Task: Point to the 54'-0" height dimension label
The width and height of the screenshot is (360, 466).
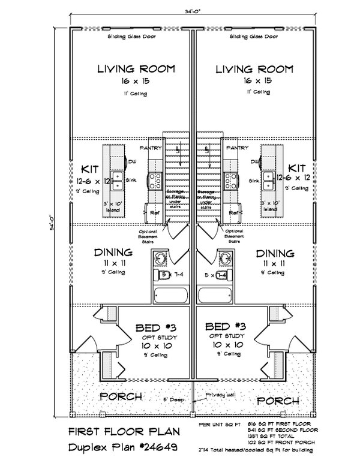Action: coord(52,224)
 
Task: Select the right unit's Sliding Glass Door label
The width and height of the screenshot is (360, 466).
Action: coord(254,37)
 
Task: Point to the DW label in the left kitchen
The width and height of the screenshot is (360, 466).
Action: coord(131,161)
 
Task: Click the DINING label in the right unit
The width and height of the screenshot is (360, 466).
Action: coord(274,253)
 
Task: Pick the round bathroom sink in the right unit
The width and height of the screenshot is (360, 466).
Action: coord(226,260)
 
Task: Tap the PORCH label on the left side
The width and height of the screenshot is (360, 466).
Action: coord(121,397)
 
